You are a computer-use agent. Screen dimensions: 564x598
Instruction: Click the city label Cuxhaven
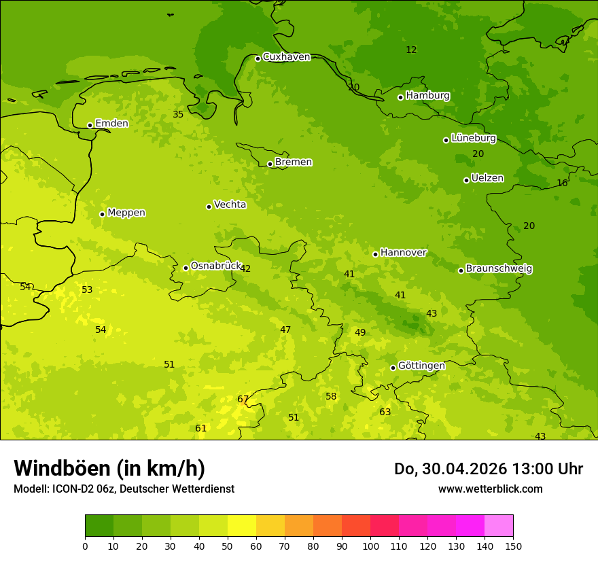[286, 57]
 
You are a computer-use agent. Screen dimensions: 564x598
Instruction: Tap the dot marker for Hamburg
[401, 97]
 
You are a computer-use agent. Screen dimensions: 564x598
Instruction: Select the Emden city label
[111, 124]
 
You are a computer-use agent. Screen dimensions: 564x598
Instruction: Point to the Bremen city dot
[270, 164]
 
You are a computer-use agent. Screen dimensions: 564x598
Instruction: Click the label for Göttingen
[421, 366]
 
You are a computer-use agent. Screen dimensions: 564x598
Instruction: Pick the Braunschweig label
[499, 269]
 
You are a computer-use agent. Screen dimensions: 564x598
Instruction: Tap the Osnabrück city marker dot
[186, 268]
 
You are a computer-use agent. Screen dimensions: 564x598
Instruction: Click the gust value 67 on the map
[243, 400]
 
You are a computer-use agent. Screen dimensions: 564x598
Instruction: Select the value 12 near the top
[411, 50]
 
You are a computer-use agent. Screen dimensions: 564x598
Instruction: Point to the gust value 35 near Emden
[178, 115]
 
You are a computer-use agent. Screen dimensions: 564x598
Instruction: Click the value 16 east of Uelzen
[562, 183]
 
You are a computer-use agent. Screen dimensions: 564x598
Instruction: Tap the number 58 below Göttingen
[331, 397]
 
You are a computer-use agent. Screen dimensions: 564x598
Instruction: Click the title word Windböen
[62, 468]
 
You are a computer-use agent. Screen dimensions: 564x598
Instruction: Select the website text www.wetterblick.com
[490, 489]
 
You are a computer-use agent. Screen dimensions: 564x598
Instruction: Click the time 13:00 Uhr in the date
[550, 469]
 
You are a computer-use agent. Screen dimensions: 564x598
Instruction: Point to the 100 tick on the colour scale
[370, 546]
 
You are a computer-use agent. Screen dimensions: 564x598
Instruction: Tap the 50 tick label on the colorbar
[228, 546]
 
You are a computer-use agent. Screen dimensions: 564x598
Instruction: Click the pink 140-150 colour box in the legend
[499, 526]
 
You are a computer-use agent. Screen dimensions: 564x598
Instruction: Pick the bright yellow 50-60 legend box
[242, 526]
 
